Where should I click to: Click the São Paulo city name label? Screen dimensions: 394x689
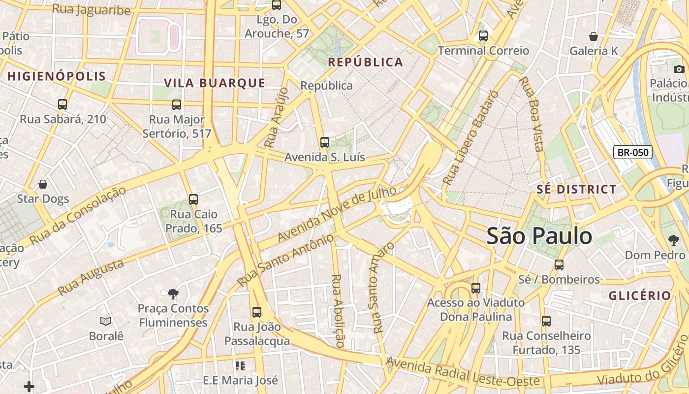(539, 236)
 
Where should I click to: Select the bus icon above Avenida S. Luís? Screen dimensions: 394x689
(325, 142)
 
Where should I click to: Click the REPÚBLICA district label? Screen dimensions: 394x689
(365, 62)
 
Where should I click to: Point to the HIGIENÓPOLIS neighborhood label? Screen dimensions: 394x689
(57, 76)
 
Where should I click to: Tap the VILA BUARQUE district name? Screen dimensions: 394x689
(215, 83)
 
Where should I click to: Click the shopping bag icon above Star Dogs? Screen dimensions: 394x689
(43, 184)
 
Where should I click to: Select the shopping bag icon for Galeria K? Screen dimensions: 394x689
(594, 36)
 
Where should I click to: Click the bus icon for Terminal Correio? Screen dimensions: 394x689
(483, 35)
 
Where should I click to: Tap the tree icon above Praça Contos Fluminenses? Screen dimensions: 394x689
(173, 294)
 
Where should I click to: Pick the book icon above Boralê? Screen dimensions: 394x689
(106, 321)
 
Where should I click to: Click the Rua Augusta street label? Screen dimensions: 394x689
(91, 277)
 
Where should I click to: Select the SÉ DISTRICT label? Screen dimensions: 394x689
(576, 189)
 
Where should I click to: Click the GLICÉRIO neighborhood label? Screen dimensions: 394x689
(640, 295)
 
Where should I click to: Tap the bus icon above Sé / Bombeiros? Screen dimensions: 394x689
(559, 264)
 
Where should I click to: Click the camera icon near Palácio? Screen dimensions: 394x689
(679, 69)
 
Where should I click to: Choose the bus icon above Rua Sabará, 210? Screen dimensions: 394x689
(63, 104)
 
